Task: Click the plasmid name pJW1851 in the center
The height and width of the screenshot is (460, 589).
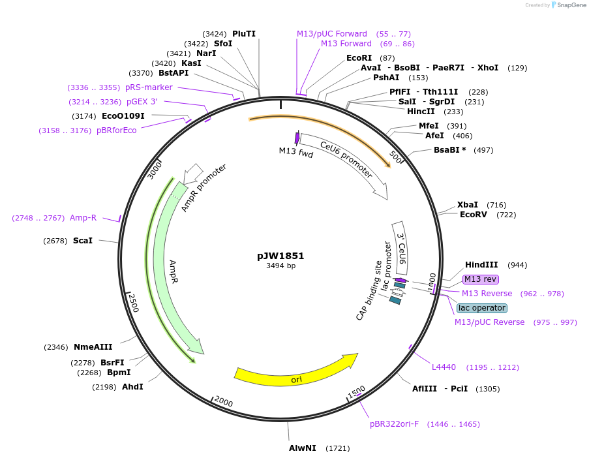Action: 280,256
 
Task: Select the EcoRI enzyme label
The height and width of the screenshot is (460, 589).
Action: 359,58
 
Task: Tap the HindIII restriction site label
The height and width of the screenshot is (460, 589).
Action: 481,265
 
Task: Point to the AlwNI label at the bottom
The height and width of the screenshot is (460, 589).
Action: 303,448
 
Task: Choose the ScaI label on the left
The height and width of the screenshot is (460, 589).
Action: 83,241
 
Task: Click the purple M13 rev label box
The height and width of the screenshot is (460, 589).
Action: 481,279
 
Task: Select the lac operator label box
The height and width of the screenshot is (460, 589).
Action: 481,308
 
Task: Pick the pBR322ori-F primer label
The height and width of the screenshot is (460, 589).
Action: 394,424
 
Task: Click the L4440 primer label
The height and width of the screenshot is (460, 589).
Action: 444,367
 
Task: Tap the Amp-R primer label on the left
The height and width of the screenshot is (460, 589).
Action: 83,218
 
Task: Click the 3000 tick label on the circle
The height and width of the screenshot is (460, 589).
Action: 155,172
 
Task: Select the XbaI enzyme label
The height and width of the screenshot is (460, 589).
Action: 468,205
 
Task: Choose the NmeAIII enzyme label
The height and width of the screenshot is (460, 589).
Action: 93,347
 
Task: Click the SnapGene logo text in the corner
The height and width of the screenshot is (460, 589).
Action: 568,5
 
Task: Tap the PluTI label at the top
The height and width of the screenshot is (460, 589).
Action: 244,34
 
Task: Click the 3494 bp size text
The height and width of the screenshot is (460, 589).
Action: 280,266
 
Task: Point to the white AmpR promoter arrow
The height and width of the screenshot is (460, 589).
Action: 193,173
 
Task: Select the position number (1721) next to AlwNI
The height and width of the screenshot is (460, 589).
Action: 338,448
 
